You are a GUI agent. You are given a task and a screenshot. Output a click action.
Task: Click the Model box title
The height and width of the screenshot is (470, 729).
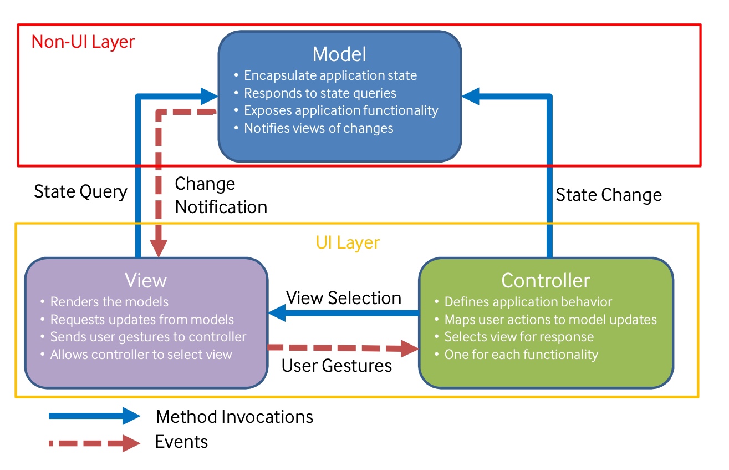(339, 54)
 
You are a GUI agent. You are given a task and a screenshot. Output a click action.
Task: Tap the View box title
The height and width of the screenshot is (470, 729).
(146, 280)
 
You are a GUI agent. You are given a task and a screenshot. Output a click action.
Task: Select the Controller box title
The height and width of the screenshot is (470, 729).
(546, 280)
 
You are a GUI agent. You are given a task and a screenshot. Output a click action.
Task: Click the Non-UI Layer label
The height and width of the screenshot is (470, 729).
(83, 42)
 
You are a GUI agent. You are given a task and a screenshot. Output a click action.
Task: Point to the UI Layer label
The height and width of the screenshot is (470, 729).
(348, 242)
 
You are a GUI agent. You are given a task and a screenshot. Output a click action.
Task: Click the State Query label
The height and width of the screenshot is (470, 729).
(80, 192)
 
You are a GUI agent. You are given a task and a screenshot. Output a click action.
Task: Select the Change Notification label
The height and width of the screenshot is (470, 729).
(221, 195)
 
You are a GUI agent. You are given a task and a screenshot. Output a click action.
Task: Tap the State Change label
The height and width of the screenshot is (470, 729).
(608, 195)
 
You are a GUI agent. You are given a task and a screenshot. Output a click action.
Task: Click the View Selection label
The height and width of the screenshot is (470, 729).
(344, 298)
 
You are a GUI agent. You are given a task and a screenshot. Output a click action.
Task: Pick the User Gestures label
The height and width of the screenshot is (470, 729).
(337, 366)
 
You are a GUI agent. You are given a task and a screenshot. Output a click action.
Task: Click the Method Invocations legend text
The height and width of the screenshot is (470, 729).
(234, 416)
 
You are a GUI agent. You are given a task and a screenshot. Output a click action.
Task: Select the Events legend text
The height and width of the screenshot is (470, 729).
(181, 442)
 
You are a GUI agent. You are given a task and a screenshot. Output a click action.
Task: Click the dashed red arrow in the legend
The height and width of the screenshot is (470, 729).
(94, 443)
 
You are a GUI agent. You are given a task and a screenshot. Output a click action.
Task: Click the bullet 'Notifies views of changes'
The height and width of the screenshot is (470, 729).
(318, 128)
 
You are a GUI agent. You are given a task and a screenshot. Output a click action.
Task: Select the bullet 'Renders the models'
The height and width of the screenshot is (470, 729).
(109, 302)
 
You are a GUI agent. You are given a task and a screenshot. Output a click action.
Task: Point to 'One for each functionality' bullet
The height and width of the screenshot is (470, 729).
(521, 355)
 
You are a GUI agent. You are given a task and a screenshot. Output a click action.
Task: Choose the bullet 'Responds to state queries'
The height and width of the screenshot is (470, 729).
(320, 93)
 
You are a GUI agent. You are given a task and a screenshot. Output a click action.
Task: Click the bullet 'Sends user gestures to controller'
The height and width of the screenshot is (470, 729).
(148, 337)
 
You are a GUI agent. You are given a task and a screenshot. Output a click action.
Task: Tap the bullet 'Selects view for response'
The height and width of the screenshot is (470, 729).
(518, 337)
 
